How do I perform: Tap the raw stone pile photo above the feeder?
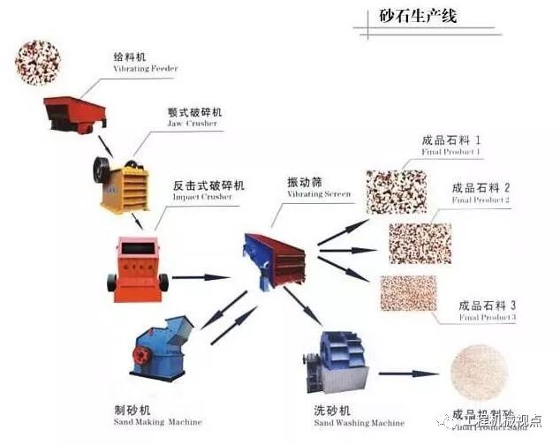38,57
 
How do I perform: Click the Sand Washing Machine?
334,363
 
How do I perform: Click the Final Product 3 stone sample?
408,293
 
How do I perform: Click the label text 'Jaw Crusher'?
191,124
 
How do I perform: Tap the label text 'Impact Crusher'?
202,197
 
